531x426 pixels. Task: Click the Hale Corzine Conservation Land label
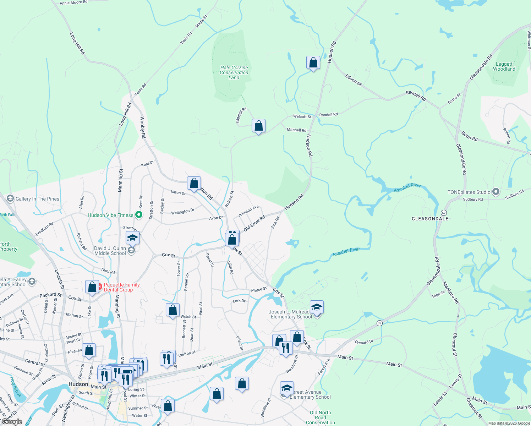pos(234,72)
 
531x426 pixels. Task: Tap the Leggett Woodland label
pos(504,67)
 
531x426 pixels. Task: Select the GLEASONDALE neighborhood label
pos(430,219)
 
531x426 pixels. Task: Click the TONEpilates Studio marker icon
pos(496,192)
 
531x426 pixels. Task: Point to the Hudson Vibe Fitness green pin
pos(139,215)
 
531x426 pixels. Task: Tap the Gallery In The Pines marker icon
pos(10,198)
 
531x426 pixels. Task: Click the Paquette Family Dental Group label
pos(122,287)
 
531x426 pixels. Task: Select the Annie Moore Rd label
pos(73,2)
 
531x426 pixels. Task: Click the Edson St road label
pos(354,80)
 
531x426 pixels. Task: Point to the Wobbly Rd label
pos(142,127)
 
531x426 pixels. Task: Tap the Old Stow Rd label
pos(254,224)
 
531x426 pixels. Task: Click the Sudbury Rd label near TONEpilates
pos(473,200)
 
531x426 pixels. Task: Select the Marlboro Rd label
pos(450,293)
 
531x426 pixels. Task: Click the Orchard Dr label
pos(364,342)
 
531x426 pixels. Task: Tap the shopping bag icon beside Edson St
pos(313,63)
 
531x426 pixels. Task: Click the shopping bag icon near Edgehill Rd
pos(258,126)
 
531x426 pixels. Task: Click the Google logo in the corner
pos(12,422)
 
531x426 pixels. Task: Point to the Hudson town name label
pos(78,384)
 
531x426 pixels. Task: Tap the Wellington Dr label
pos(183,212)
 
